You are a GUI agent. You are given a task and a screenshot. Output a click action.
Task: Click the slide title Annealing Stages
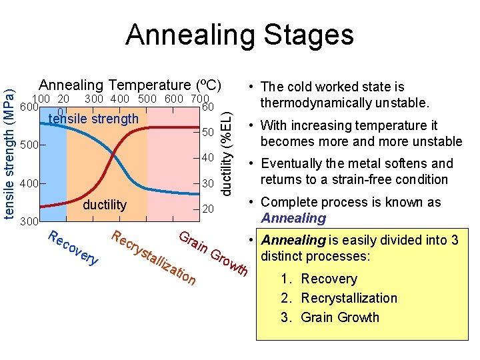click(x=239, y=35)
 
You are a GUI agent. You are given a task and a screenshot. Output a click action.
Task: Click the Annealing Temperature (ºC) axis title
click(x=129, y=85)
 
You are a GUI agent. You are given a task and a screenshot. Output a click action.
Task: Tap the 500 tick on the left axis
click(x=30, y=145)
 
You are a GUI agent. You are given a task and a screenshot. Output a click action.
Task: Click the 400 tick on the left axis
click(x=30, y=183)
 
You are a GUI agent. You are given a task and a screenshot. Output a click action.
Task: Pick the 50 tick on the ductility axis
click(x=208, y=133)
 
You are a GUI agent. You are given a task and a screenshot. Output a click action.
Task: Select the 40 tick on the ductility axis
click(x=208, y=158)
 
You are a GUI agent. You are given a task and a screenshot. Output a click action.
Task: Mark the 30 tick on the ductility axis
click(x=208, y=183)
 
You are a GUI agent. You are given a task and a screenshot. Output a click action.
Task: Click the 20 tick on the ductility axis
click(x=208, y=209)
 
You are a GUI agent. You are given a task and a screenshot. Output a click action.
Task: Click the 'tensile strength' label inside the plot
click(x=94, y=119)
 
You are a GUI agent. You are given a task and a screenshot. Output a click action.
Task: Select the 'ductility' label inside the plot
click(x=105, y=205)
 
